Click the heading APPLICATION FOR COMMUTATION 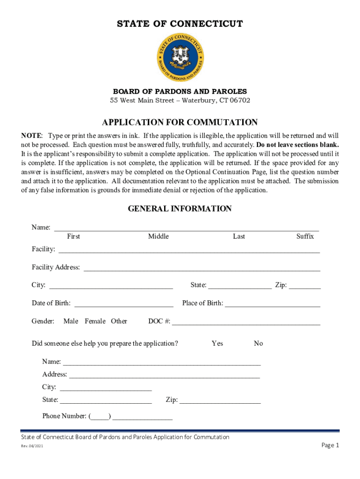[180, 123]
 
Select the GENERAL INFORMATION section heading [180, 209]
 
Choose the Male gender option [71, 321]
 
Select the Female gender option [95, 321]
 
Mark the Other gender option [119, 321]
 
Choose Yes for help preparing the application [217, 343]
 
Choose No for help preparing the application [258, 343]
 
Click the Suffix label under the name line [305, 237]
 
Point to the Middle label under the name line [158, 237]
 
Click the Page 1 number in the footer [330, 445]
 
